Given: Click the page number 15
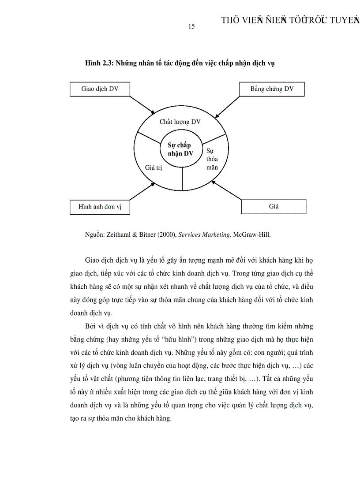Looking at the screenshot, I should point(191,26).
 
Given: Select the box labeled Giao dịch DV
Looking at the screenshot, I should point(100,89).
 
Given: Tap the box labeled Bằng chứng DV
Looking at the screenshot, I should point(272,89).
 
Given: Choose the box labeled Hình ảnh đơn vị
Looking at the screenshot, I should point(100,207).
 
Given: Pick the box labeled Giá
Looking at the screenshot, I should point(274,206).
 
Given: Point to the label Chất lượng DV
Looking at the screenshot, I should point(180,122).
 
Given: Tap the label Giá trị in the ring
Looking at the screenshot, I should point(154,167).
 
